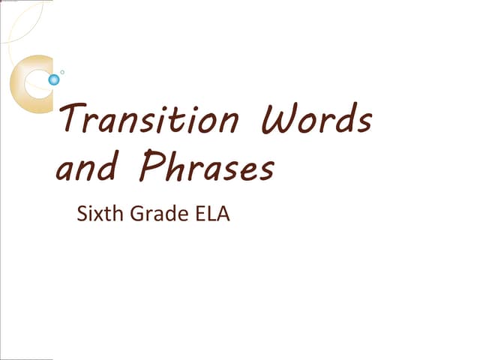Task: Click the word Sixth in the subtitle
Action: pos(97,214)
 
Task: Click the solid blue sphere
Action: pos(54,79)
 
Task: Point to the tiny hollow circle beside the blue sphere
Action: pos(62,72)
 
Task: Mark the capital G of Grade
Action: pos(137,214)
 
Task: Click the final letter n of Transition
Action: pos(229,122)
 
